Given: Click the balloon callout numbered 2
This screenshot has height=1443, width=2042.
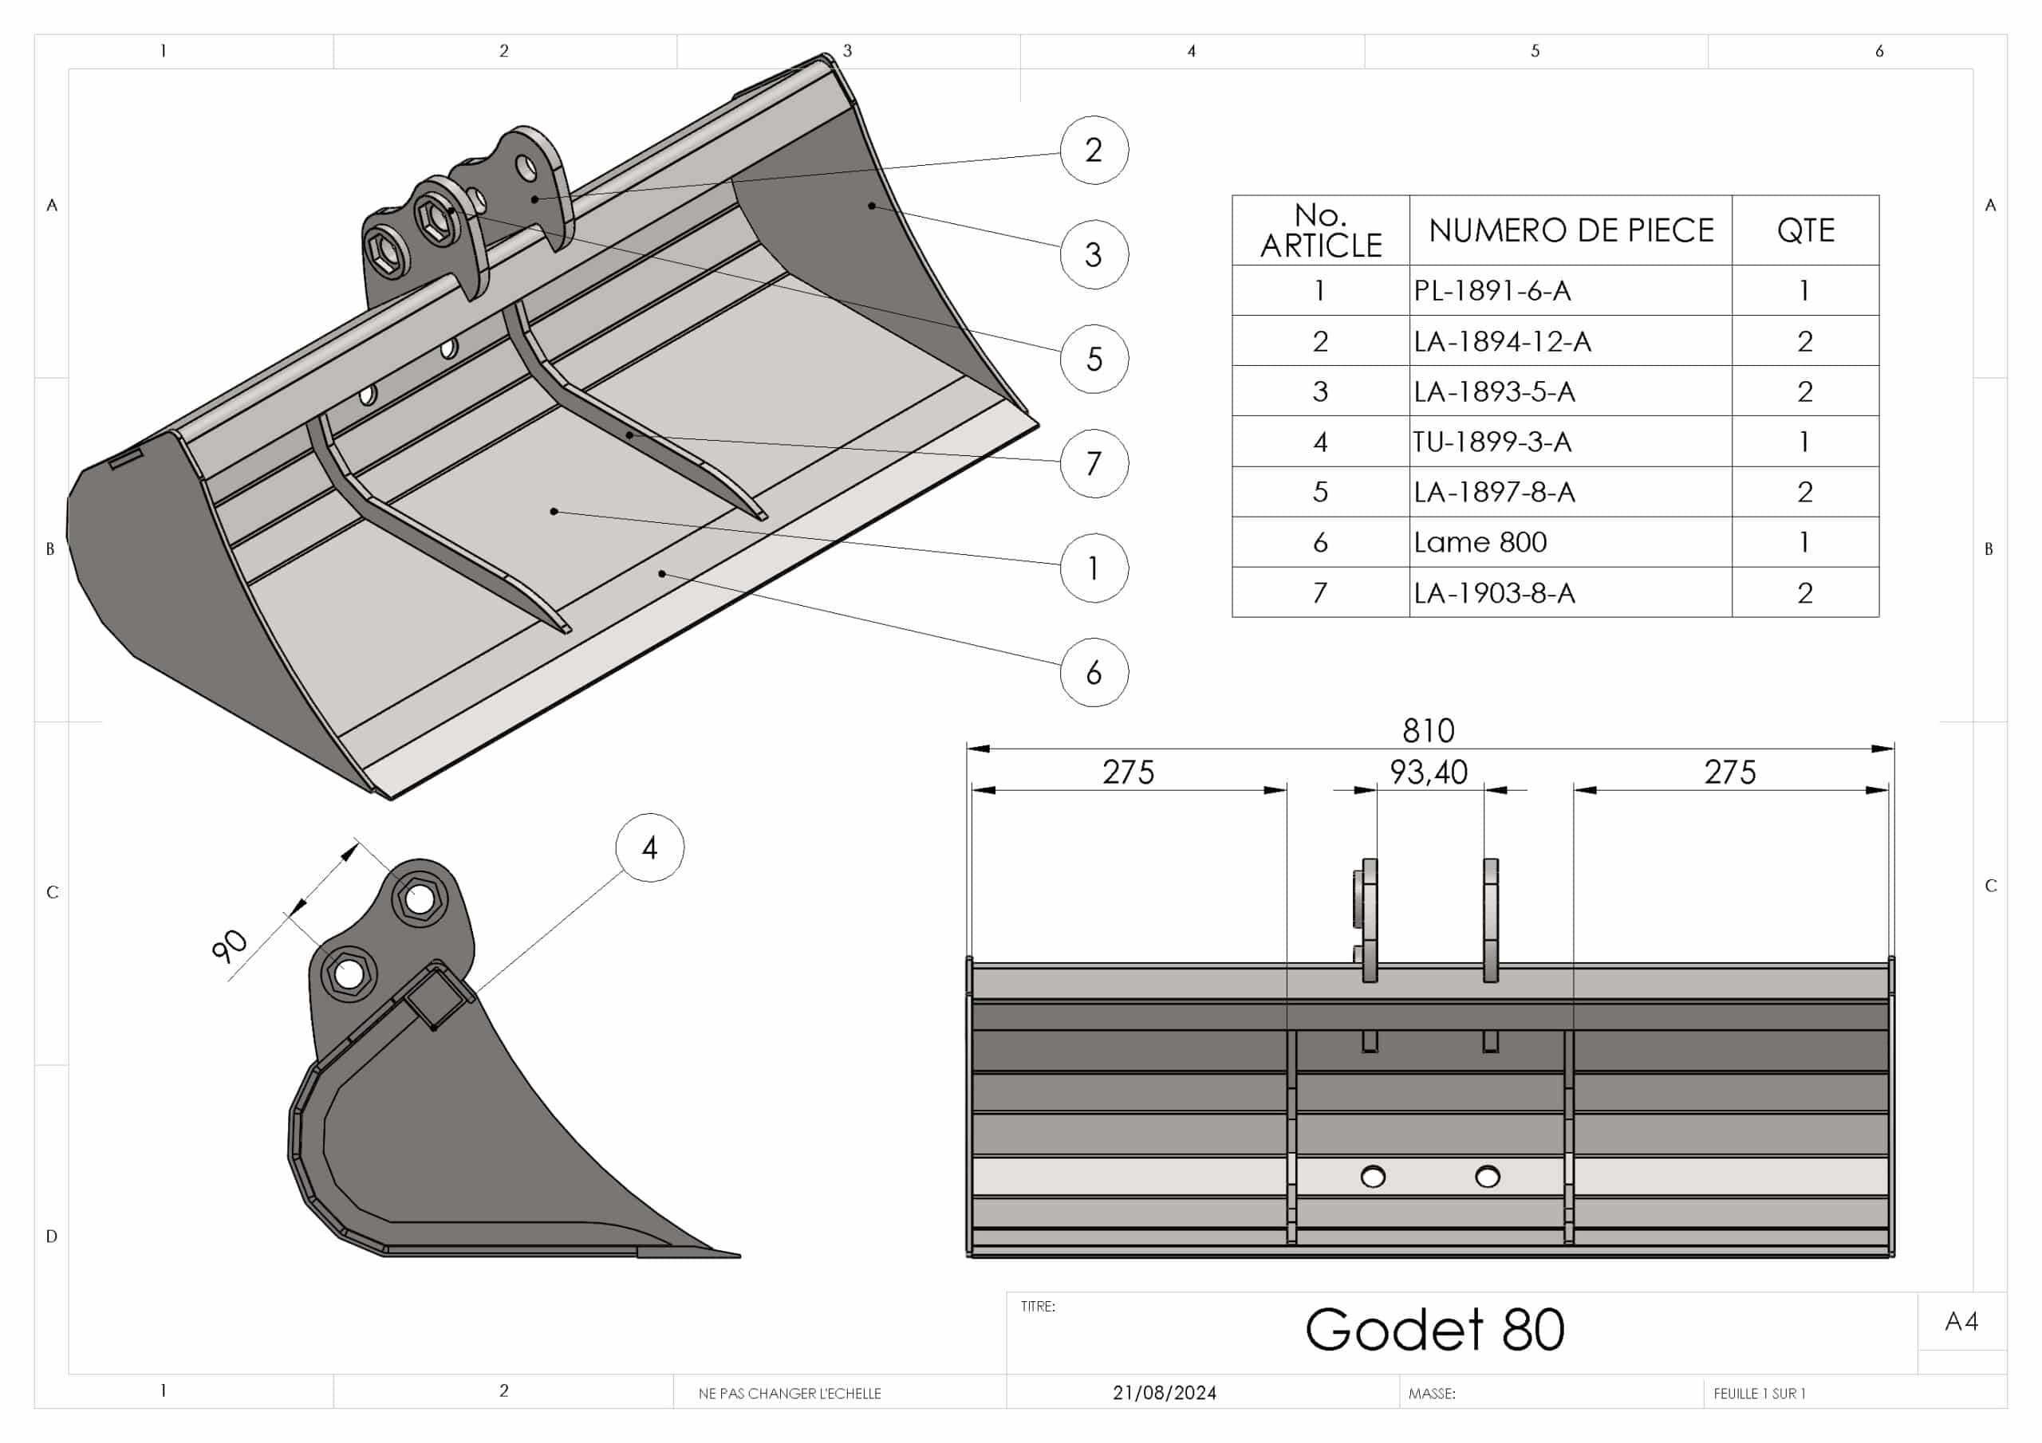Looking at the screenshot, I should (x=1094, y=150).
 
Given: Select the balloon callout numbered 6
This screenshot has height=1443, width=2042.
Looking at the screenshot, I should (x=1094, y=672).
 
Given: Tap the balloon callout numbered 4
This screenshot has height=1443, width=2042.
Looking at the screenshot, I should (x=649, y=847).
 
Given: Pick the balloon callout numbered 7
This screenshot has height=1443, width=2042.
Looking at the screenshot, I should (x=1094, y=463).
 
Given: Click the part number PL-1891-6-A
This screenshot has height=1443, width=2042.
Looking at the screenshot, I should (x=1492, y=291).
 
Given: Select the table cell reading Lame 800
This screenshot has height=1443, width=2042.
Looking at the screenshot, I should (x=1480, y=542).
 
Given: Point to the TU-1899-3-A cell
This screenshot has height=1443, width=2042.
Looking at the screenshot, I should (x=1492, y=442).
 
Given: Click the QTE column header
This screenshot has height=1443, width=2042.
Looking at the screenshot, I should (x=1804, y=230).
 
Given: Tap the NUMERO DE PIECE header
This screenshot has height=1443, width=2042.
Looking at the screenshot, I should (x=1571, y=230).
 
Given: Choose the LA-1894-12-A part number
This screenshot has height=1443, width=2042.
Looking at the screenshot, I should (x=1501, y=341).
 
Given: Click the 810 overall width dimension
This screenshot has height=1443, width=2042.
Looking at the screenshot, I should (x=1429, y=731).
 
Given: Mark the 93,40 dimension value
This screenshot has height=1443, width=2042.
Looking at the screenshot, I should (x=1429, y=772).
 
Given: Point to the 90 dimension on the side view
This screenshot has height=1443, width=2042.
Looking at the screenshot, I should (x=230, y=946).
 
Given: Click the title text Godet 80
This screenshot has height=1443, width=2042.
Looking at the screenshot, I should (x=1434, y=1329).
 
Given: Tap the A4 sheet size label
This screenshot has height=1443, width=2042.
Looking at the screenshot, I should (x=1961, y=1322).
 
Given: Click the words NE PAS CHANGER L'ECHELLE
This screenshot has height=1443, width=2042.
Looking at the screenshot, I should (x=790, y=1394).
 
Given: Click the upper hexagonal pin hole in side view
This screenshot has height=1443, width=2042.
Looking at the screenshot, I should (x=419, y=898).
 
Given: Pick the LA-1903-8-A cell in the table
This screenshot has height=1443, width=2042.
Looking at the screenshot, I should (x=1493, y=593).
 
